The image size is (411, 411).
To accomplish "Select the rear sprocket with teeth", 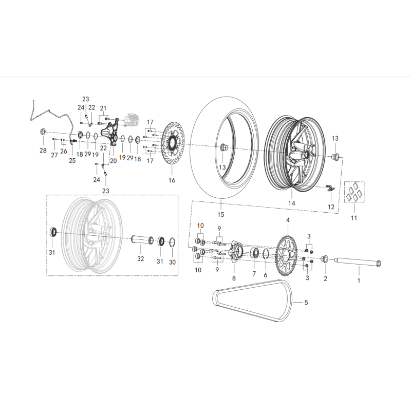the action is tap(286, 255).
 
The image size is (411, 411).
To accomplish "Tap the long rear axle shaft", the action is tap(358, 262).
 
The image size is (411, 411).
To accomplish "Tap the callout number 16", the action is tap(172, 180).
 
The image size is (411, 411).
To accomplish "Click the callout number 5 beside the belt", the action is tap(306, 303).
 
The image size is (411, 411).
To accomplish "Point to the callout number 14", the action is tap(292, 203).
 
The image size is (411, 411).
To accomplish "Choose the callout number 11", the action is tap(354, 218).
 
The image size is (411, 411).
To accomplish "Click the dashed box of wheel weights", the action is tap(354, 192).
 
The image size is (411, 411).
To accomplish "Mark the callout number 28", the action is tap(43, 150).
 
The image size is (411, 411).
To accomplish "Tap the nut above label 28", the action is tap(43, 132).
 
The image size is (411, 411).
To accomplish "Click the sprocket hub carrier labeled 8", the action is tap(235, 252).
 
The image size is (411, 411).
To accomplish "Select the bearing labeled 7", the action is tap(254, 253).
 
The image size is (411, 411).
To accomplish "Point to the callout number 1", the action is tap(359, 280).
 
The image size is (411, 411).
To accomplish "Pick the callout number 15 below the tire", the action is tap(221, 214).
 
